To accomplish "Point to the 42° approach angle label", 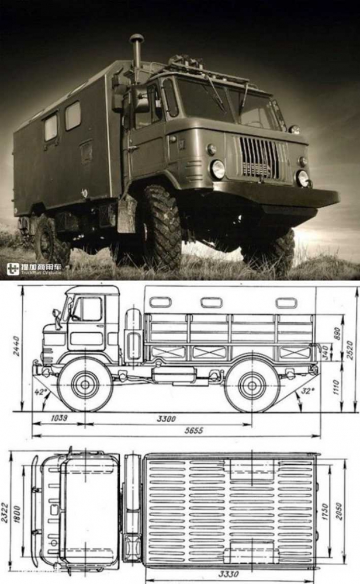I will pos(40,392).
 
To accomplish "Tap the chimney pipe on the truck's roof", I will pos(137,55).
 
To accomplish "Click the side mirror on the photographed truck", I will pos(140,99).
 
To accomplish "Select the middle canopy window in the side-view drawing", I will pos(211,303).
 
